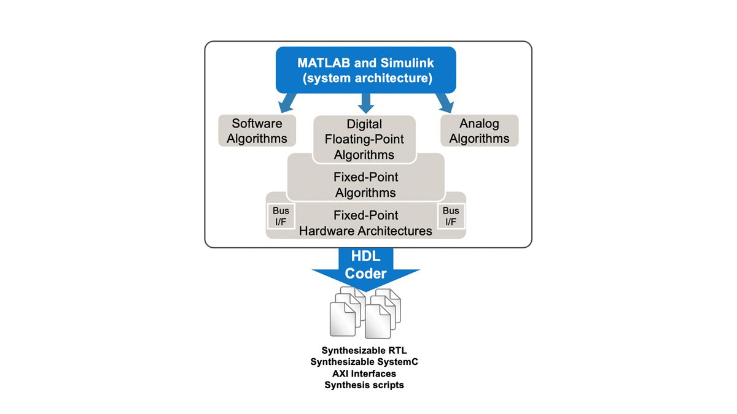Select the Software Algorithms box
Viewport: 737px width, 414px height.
(257, 131)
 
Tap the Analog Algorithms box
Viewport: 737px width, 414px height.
(479, 131)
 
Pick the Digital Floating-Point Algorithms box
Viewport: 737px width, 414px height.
(364, 139)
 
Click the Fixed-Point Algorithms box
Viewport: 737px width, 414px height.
(365, 185)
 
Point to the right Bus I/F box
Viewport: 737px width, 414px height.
(451, 216)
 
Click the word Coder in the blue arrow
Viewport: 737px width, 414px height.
(365, 274)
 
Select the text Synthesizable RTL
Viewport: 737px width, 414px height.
(364, 351)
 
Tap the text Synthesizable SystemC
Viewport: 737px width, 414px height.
(364, 362)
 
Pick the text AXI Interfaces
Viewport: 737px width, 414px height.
(364, 374)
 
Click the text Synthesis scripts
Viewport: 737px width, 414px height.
(364, 385)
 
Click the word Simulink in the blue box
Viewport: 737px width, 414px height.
(407, 63)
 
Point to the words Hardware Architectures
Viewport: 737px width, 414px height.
(365, 231)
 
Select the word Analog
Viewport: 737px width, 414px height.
(479, 123)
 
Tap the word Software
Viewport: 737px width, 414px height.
(257, 123)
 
